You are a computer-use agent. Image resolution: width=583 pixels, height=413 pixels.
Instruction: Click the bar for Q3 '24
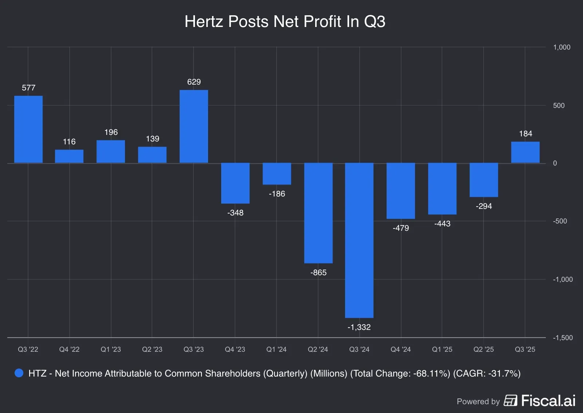(359, 240)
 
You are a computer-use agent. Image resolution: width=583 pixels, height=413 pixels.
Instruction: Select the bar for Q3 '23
(194, 126)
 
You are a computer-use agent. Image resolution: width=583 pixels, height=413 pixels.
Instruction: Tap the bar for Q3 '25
(525, 152)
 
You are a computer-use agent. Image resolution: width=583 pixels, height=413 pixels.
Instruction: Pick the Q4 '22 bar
(69, 156)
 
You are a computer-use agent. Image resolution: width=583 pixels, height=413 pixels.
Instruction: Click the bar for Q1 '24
(277, 174)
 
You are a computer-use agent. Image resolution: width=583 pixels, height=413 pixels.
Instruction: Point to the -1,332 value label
(359, 327)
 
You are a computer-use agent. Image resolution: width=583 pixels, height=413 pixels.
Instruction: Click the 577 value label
(28, 88)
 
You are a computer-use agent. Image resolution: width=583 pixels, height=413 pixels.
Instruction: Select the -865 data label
(318, 273)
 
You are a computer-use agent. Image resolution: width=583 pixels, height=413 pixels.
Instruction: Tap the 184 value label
(525, 134)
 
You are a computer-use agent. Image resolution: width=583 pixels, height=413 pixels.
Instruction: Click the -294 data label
(484, 206)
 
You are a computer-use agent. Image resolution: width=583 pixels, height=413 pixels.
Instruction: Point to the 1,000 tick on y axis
(562, 47)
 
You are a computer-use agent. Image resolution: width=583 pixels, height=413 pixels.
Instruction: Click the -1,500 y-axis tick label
(563, 338)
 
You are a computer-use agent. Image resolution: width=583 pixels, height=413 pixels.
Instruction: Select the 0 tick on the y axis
(555, 163)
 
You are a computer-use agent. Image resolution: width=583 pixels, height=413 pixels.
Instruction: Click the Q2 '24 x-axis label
(318, 350)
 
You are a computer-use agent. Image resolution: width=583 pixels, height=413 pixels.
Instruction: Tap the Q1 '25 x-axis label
(442, 350)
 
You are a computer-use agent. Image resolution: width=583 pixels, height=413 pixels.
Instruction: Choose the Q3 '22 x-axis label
(28, 350)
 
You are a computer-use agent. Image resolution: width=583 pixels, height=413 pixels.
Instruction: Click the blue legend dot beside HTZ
(19, 373)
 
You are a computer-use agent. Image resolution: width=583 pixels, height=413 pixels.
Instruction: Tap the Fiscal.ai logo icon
(510, 401)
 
